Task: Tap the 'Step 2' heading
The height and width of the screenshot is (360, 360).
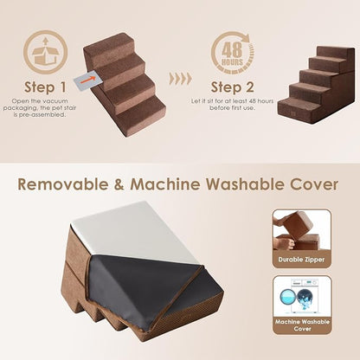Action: (232, 87)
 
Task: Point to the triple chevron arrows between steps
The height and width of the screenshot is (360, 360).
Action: (180, 78)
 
